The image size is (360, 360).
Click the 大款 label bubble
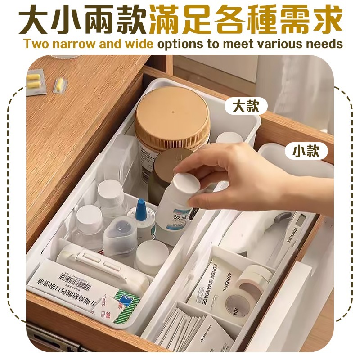click(x=246, y=106)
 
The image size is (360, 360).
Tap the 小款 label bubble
click(x=306, y=151)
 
